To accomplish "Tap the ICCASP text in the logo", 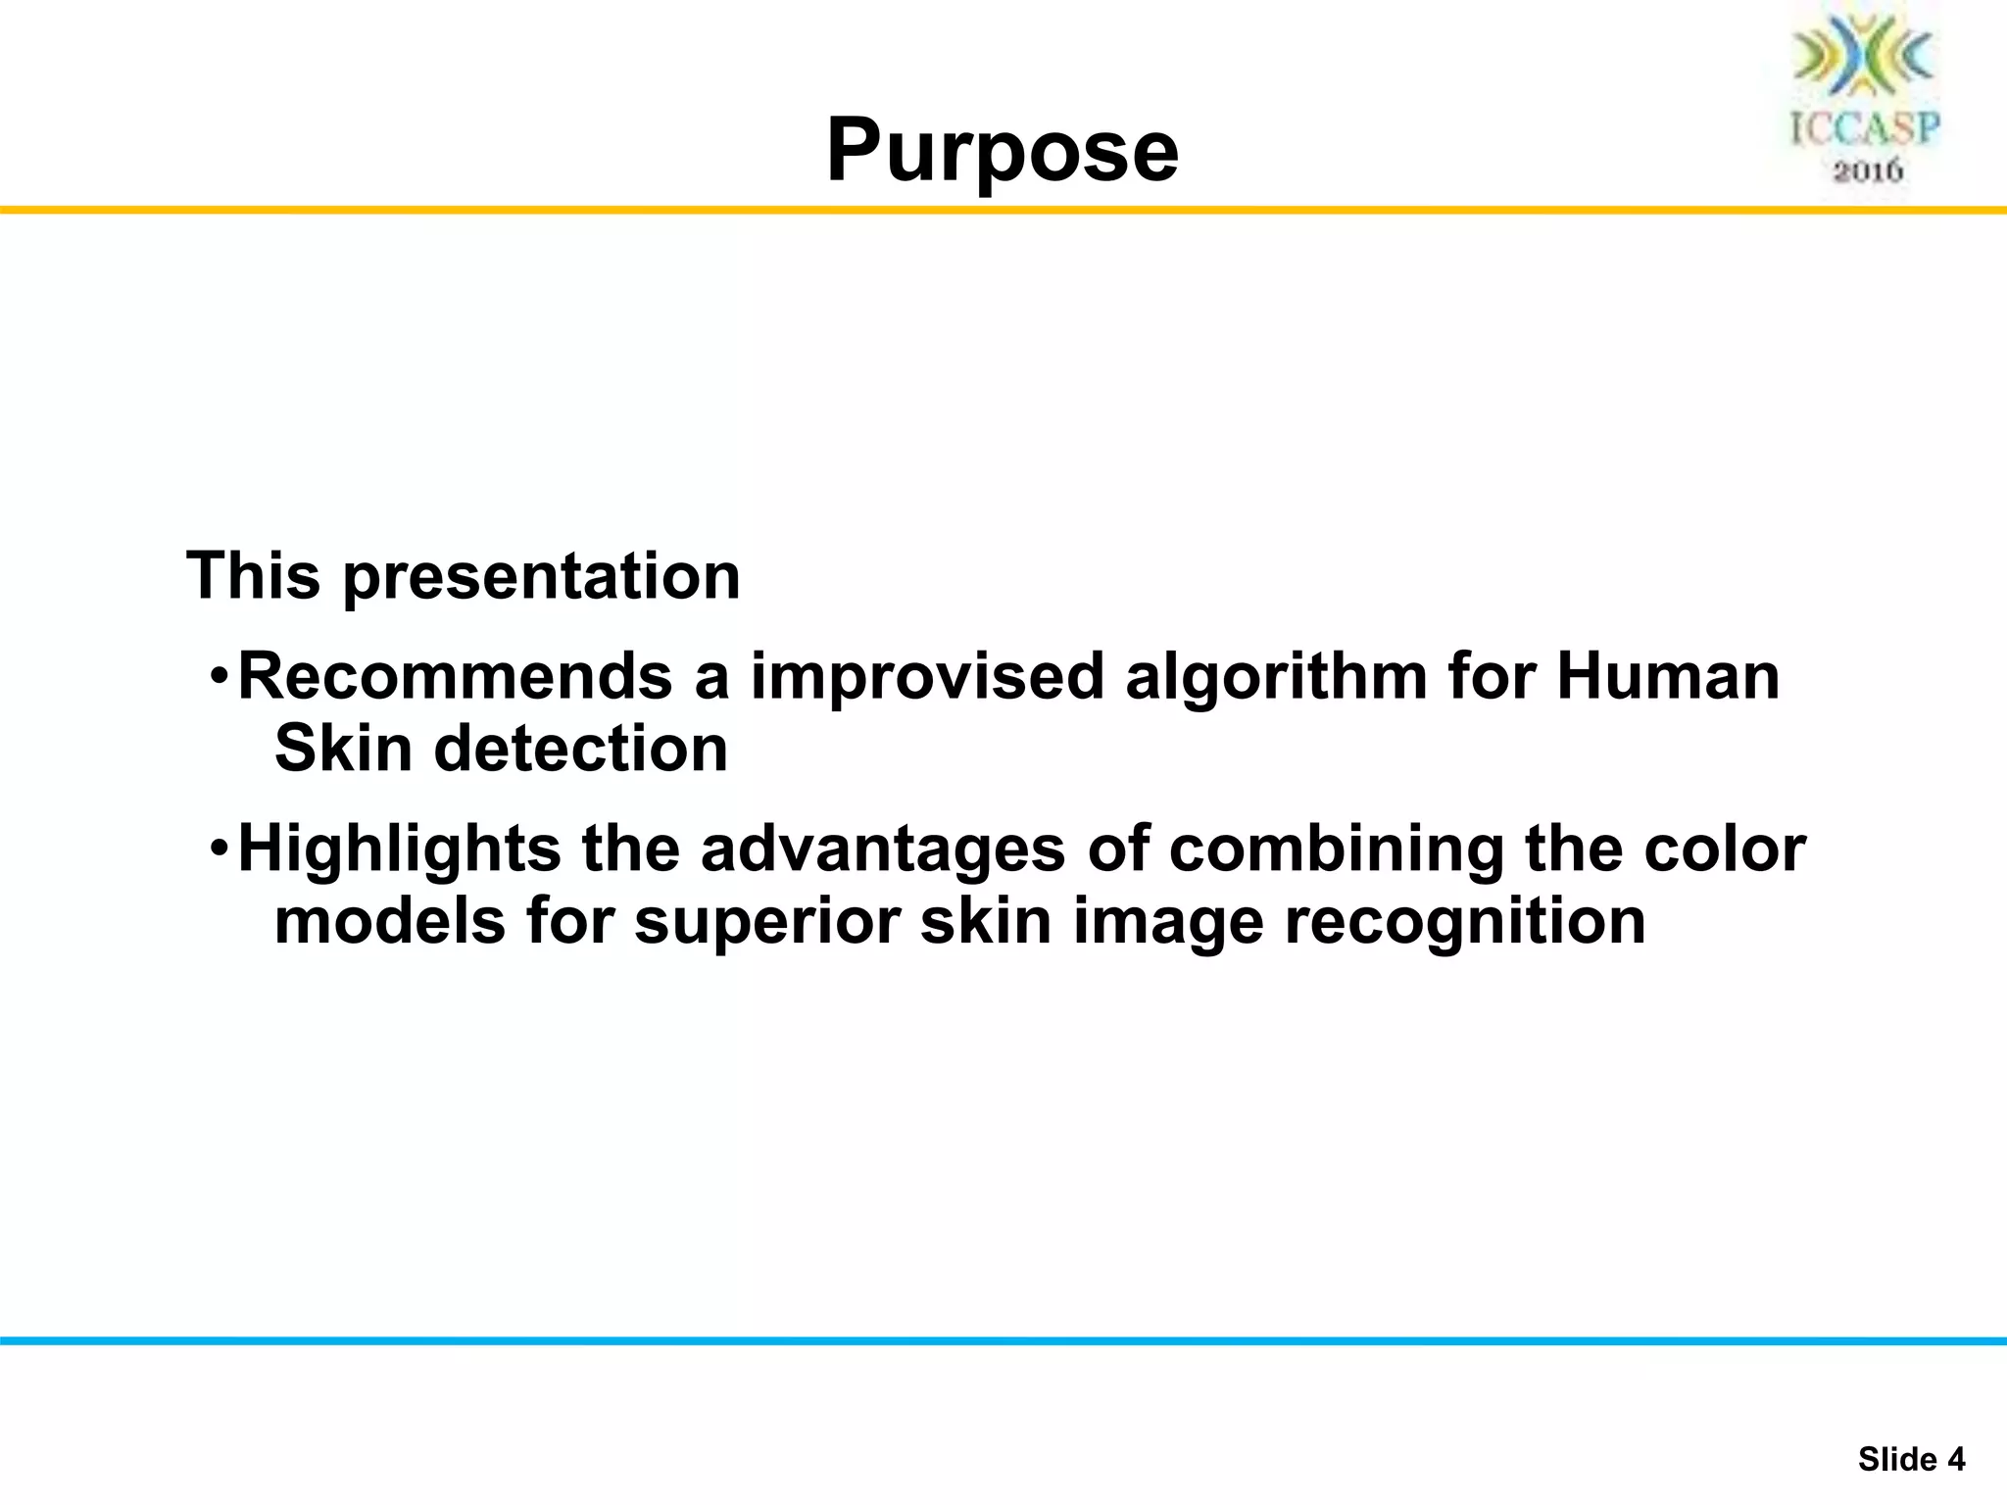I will click(x=1866, y=128).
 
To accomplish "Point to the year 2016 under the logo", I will click(x=1868, y=171).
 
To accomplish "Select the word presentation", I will click(x=541, y=578).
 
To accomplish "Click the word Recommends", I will click(x=456, y=677).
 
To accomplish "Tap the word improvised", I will click(x=927, y=677).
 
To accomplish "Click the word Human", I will click(x=1668, y=677).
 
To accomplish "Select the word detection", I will click(x=581, y=750).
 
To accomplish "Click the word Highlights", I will click(x=400, y=849).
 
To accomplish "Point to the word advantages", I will click(x=882, y=849).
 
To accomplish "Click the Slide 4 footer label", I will click(x=1911, y=1459).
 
